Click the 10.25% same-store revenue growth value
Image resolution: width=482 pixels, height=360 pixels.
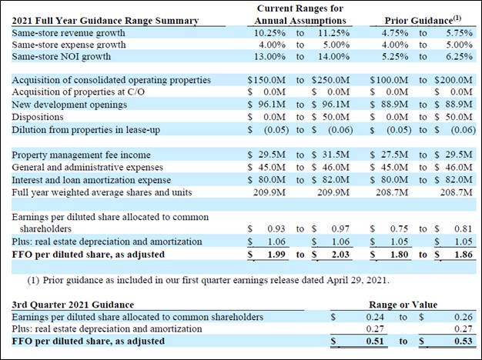pos(269,33)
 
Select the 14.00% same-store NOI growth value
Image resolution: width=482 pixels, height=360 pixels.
pos(334,56)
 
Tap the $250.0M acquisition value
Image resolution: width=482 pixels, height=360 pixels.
pos(331,80)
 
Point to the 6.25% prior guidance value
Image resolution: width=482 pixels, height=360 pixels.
pos(459,56)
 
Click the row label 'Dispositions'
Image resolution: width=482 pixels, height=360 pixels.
pos(38,117)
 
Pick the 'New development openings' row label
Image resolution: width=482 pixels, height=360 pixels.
pos(69,105)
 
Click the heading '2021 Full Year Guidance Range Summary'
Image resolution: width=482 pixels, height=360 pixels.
pos(105,21)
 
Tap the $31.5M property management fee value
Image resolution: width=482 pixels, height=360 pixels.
pos(331,155)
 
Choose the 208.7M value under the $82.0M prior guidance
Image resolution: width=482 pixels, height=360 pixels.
pos(456,192)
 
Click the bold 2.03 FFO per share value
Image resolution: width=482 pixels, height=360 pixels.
pos(340,255)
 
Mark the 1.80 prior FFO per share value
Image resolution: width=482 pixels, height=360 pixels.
pos(399,255)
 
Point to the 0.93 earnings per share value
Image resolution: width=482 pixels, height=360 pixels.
pos(276,228)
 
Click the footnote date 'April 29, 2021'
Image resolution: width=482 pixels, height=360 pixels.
pos(357,281)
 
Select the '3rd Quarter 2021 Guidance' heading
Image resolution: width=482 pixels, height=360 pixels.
pos(73,305)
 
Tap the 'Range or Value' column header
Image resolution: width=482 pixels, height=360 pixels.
pos(403,305)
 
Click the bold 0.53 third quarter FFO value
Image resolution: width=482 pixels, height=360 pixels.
pos(464,342)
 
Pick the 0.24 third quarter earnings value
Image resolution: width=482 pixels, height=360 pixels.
pos(375,317)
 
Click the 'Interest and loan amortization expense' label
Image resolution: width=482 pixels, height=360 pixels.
pos(92,180)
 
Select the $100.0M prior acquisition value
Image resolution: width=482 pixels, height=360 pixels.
pos(389,80)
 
